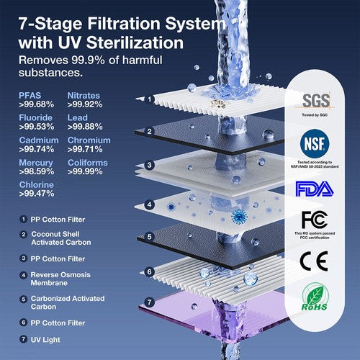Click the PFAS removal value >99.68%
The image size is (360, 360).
35,105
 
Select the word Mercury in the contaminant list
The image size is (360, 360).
35,163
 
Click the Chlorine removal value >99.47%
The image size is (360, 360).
35,194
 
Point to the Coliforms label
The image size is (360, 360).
87,163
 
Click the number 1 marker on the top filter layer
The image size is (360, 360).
150,99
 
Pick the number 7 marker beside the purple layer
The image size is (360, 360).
150,302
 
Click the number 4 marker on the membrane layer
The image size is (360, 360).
150,204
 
